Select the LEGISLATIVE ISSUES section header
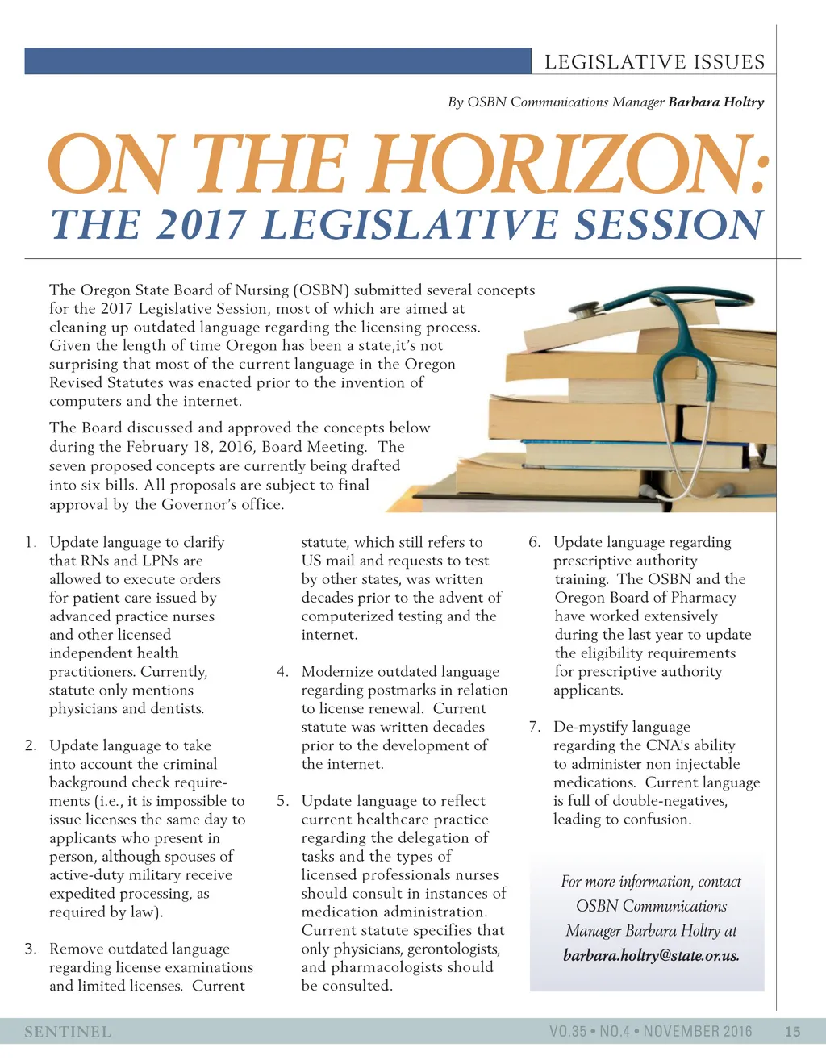[654, 62]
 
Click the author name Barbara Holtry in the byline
[716, 102]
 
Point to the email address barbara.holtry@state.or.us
[651, 956]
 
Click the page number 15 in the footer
[792, 1031]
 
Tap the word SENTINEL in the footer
[68, 1032]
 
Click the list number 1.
[31, 542]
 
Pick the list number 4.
[282, 672]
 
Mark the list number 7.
[534, 727]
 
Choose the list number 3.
[31, 949]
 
